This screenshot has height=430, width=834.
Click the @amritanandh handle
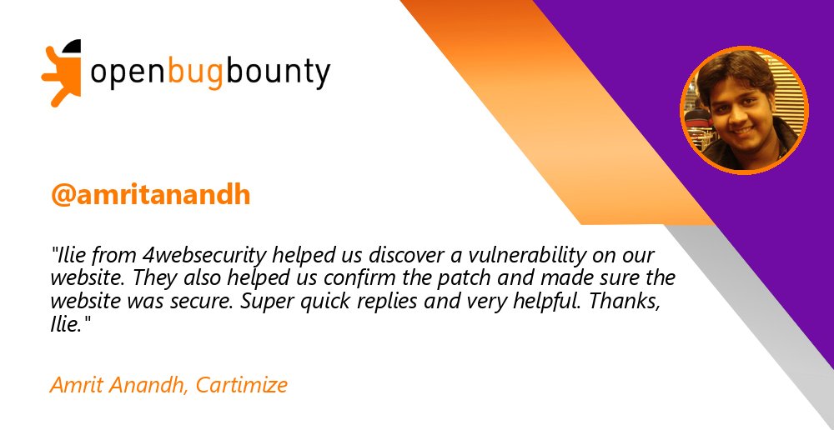(x=150, y=194)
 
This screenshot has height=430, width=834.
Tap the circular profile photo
(x=745, y=109)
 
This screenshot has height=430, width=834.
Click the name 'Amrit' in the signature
(x=74, y=385)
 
